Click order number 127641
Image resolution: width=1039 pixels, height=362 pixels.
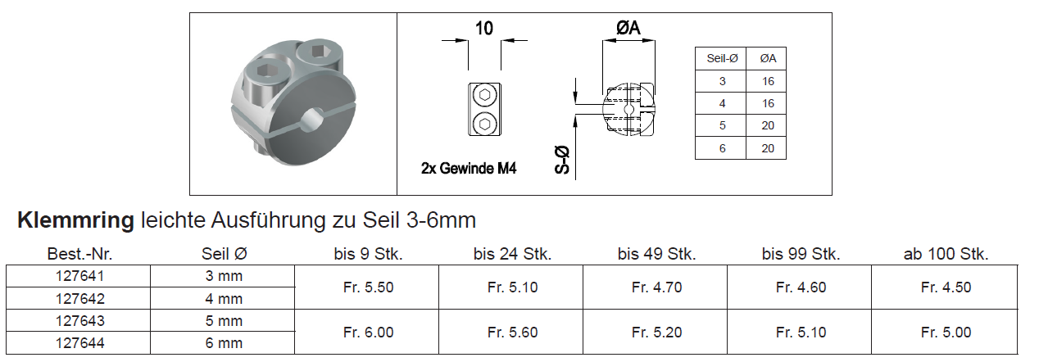click(79, 276)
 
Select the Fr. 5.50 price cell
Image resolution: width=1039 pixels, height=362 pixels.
click(368, 287)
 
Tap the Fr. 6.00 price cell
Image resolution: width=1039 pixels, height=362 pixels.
click(368, 333)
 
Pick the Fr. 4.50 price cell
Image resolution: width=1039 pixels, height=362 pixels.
click(946, 287)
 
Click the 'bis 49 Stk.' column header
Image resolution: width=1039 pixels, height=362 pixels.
click(657, 254)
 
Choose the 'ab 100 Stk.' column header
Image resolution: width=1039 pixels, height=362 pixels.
click(946, 254)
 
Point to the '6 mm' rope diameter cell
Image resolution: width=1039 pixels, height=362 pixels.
click(224, 343)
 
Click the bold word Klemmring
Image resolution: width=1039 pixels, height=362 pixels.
click(75, 220)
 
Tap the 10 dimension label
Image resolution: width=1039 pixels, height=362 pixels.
click(484, 29)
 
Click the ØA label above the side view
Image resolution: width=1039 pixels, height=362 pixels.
click(628, 28)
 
